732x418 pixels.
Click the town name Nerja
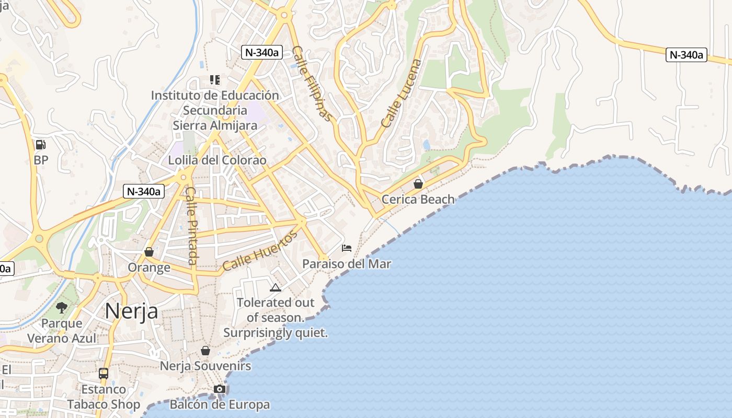coord(131,311)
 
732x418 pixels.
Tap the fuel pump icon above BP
coord(40,145)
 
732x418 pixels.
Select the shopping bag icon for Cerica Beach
coord(418,184)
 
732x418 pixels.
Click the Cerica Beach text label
coord(418,199)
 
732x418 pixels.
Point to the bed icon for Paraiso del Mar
coord(347,248)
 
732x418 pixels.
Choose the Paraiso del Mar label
coord(347,264)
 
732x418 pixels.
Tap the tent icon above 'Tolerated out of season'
coord(275,287)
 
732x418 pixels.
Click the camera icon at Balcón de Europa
coord(220,389)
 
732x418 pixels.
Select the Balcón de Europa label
coord(220,404)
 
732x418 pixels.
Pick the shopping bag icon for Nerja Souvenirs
coord(205,351)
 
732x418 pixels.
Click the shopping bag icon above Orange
coord(149,252)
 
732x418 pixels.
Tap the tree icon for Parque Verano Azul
coord(62,308)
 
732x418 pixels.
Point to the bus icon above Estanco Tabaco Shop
coord(104,374)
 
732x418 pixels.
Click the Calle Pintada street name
coord(192,226)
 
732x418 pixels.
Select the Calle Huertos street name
coord(260,251)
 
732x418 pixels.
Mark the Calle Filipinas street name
coord(312,84)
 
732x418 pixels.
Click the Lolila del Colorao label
coord(217,160)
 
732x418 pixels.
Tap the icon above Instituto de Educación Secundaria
coord(215,80)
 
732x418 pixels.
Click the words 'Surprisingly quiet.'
coord(276,333)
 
